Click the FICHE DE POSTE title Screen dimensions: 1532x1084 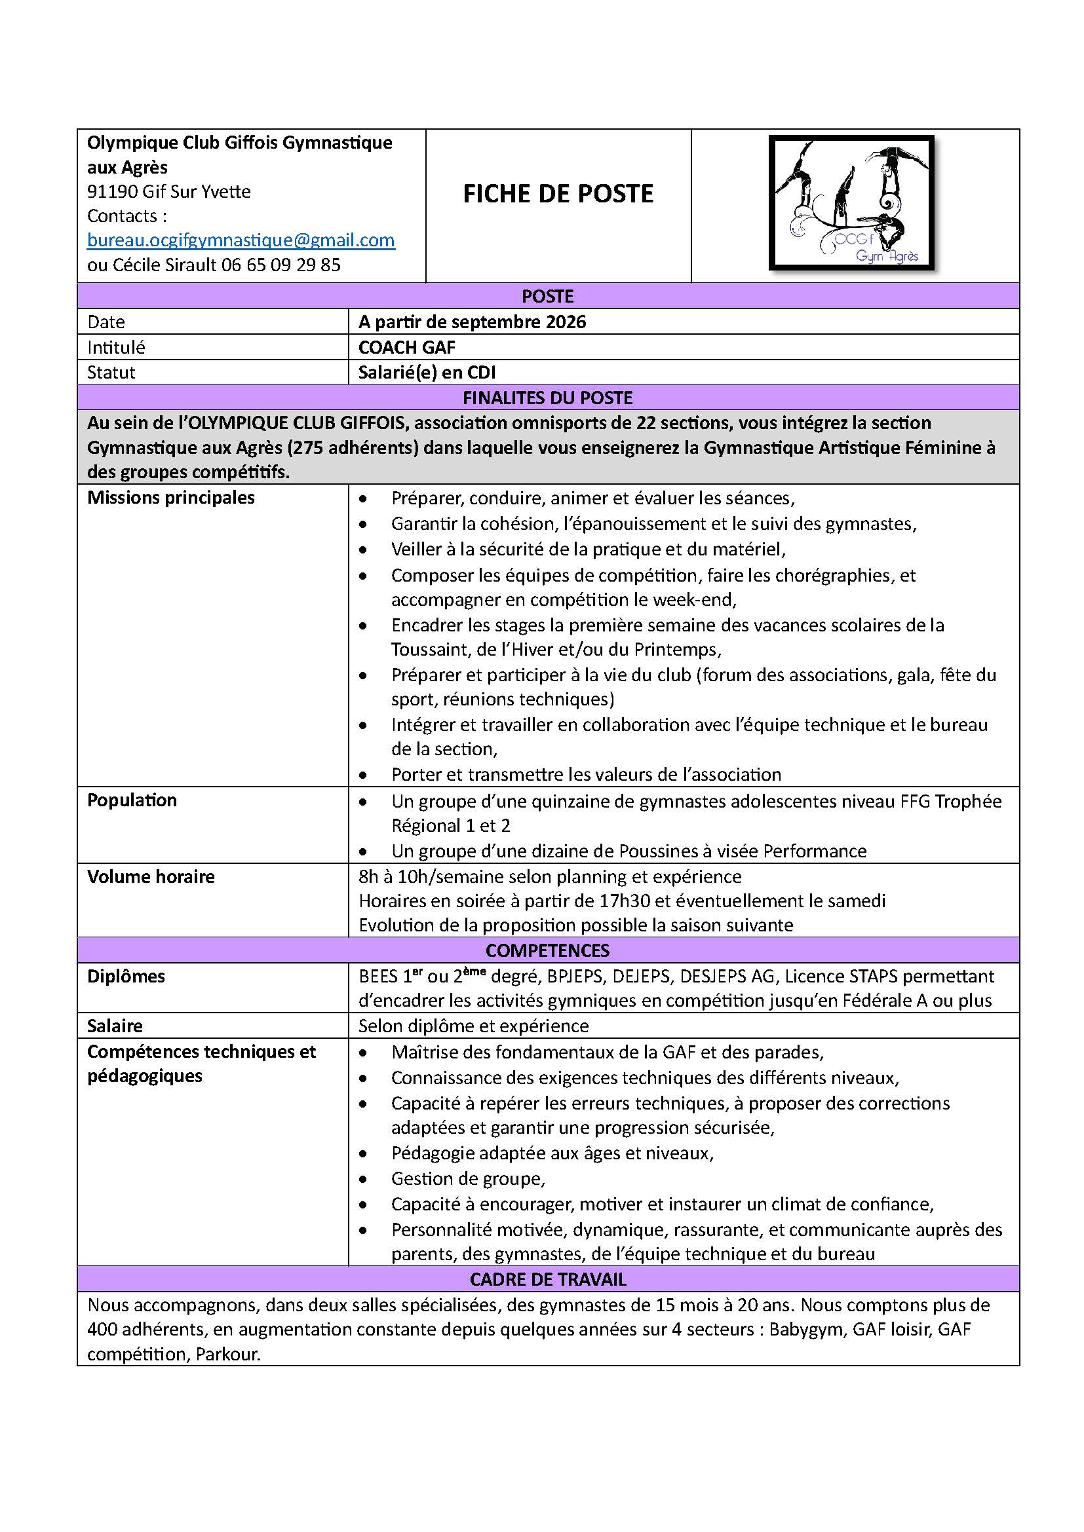coord(558,193)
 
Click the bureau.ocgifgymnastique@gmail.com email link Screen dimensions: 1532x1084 coord(241,240)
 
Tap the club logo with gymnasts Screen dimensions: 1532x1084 coord(852,204)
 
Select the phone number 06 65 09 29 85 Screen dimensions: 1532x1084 coord(281,265)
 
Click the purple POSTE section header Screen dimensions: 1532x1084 coord(547,296)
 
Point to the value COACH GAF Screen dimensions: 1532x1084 coord(406,347)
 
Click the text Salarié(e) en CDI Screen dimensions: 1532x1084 coord(427,372)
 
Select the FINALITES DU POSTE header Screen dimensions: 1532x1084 coord(547,398)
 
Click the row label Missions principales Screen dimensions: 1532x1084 coord(171,498)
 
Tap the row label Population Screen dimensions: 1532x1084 coord(132,800)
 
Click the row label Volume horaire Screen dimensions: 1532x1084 coord(151,877)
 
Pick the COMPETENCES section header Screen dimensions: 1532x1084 coord(547,950)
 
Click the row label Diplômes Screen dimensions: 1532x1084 coord(126,976)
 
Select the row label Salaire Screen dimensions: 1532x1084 coord(115,1026)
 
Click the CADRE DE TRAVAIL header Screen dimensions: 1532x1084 coord(547,1279)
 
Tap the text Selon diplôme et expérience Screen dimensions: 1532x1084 coord(473,1026)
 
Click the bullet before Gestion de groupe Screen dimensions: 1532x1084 coord(363,1179)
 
